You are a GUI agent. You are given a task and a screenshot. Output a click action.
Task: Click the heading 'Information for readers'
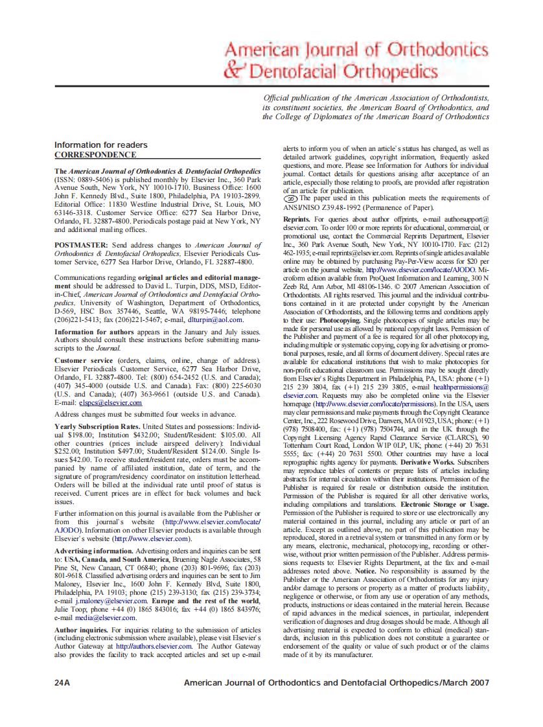point(100,145)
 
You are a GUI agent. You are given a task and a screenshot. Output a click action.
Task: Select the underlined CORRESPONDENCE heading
point(95,155)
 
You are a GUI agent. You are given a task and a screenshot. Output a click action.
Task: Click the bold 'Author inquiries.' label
point(81,629)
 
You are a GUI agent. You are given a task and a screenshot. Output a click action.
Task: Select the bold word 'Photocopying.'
point(341,320)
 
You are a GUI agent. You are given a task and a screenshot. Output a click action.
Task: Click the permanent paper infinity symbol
point(290,199)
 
